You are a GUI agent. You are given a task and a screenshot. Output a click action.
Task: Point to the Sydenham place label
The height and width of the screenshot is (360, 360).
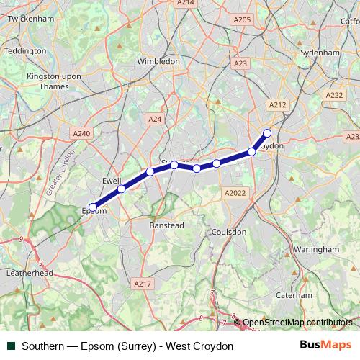point(320,53)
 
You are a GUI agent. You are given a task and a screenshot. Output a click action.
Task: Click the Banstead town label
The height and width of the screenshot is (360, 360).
point(167,225)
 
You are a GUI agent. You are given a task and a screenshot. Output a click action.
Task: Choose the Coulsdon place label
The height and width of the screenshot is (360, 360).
point(230,232)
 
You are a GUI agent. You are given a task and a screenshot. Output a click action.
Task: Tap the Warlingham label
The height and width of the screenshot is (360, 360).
point(316,248)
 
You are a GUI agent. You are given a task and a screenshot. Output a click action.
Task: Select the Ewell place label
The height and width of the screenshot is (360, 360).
point(112,179)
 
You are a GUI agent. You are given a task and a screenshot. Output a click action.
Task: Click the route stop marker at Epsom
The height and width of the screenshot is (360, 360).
point(93,207)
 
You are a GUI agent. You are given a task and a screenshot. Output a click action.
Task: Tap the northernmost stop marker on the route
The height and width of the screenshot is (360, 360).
point(267,132)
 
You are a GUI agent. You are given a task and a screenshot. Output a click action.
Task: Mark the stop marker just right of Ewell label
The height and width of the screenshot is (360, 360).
point(122,189)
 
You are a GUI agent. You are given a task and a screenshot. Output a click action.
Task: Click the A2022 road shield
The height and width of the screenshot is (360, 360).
point(235,192)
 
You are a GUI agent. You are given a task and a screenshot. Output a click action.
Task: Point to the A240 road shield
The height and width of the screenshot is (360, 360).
point(82,133)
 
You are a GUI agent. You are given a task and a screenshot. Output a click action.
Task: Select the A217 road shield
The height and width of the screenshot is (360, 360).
point(143,284)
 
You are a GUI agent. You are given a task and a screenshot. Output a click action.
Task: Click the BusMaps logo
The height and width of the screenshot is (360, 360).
point(325,346)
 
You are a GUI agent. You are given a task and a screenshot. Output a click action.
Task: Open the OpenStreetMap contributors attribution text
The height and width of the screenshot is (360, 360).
point(297,323)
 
